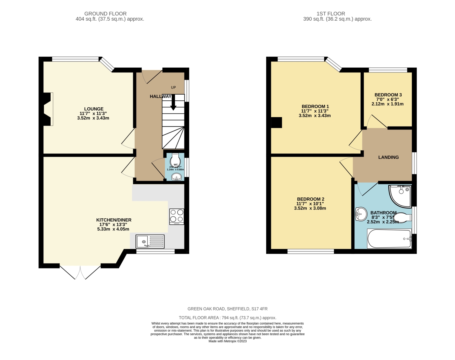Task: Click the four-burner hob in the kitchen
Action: click(177, 217)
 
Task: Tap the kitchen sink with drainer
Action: click(150, 241)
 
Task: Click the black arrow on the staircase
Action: click(173, 103)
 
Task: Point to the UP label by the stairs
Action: click(173, 87)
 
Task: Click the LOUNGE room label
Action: click(94, 109)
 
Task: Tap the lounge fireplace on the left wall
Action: click(47, 109)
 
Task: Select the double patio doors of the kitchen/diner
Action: click(80, 272)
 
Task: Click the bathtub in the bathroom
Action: click(389, 239)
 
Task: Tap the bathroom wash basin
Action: click(361, 215)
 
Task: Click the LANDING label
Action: click(388, 157)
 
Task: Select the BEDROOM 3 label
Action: click(388, 95)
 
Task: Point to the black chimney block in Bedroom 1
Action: click(276, 123)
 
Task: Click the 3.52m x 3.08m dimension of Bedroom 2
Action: click(310, 208)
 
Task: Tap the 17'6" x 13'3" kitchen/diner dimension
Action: click(111, 224)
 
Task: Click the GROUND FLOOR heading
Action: click(105, 14)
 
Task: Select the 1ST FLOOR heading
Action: click(331, 14)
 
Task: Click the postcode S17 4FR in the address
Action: click(259, 309)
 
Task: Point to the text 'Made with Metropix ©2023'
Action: click(227, 341)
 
